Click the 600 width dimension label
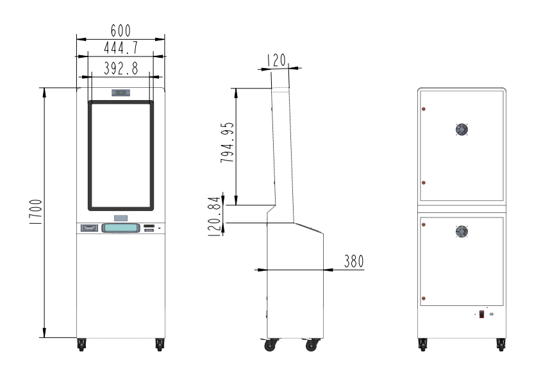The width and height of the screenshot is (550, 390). pyautogui.click(x=121, y=31)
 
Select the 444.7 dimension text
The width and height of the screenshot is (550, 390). pyautogui.click(x=121, y=47)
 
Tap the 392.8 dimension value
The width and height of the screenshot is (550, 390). pyautogui.click(x=121, y=69)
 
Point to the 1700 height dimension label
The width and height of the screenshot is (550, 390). pyautogui.click(x=36, y=212)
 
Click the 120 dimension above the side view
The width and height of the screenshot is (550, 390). pyautogui.click(x=277, y=60)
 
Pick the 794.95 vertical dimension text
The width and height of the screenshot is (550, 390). pyautogui.click(x=228, y=142)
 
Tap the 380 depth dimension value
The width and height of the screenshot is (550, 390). pyautogui.click(x=354, y=261)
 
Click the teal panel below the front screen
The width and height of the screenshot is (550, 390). pyautogui.click(x=121, y=228)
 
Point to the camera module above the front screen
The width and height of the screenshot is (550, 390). pyautogui.click(x=121, y=92)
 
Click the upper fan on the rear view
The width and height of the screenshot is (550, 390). pyautogui.click(x=462, y=130)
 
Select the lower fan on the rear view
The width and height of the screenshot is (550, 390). pyautogui.click(x=462, y=232)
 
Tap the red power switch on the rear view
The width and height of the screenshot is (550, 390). pyautogui.click(x=481, y=314)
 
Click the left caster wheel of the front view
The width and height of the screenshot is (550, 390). pyautogui.click(x=81, y=344)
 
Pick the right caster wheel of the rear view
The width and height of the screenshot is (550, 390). pyautogui.click(x=501, y=344)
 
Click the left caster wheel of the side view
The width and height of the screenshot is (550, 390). pyautogui.click(x=271, y=344)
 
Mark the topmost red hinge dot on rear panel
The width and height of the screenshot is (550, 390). pyautogui.click(x=423, y=109)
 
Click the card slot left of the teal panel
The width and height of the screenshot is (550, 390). pyautogui.click(x=90, y=228)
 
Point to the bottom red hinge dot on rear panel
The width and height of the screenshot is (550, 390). pyautogui.click(x=423, y=298)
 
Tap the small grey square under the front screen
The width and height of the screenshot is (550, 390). pyautogui.click(x=121, y=218)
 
